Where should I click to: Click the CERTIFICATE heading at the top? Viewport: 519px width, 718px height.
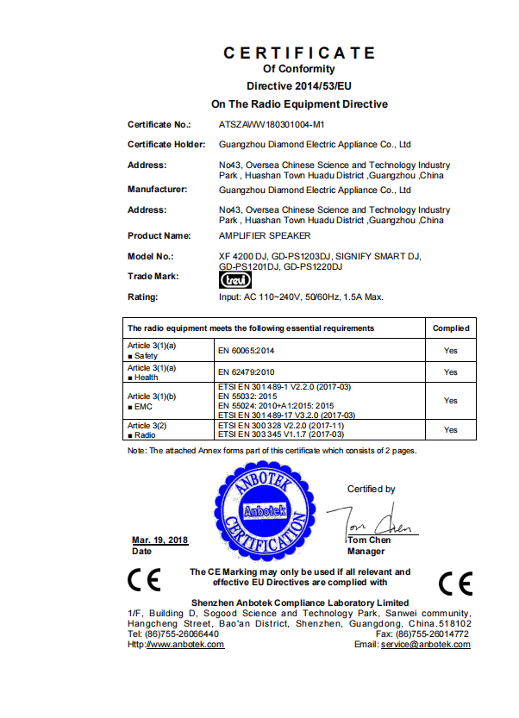pos(299,53)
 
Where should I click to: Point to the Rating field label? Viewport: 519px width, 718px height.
pos(143,297)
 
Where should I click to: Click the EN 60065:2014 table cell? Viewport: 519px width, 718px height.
pos(247,351)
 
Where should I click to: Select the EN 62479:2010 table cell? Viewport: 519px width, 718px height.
pos(247,372)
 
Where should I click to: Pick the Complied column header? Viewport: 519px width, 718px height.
pos(450,328)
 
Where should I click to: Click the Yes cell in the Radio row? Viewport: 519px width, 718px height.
pos(450,429)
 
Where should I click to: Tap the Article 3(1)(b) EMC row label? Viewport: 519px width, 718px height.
pos(152,400)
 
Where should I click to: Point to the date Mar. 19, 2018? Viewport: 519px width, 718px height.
pos(159,540)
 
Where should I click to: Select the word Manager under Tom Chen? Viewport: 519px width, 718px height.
pos(366,551)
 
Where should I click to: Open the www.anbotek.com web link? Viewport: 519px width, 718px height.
pos(184,645)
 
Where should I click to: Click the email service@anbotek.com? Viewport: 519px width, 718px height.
pos(426,645)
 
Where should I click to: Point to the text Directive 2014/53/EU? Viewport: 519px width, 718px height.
pos(299,87)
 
